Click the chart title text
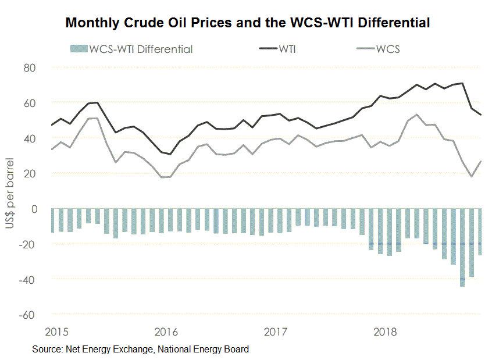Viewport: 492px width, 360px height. tap(248, 23)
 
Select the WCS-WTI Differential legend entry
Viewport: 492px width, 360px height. tap(131, 49)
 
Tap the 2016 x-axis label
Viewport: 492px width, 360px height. tap(166, 333)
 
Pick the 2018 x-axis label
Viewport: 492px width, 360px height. tap(384, 333)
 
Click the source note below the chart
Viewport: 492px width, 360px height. tap(140, 350)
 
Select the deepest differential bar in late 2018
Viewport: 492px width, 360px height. tap(462, 247)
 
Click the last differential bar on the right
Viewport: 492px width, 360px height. tap(480, 231)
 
